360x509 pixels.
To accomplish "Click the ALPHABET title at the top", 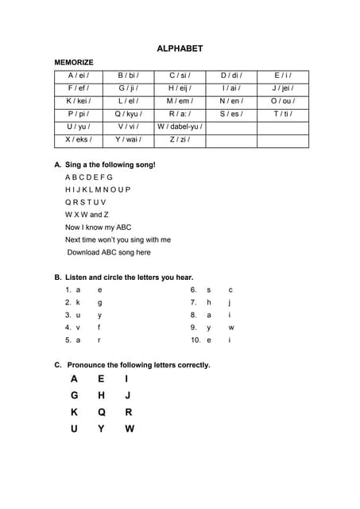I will click(x=180, y=49).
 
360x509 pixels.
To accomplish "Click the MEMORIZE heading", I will click(x=74, y=62).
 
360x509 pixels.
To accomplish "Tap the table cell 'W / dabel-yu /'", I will click(x=180, y=126).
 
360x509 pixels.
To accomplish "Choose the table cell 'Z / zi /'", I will click(x=180, y=139).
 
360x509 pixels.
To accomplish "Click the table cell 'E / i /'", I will click(x=282, y=76).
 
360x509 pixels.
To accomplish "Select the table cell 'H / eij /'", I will click(x=180, y=88).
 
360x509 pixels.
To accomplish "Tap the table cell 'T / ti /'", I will click(x=282, y=114).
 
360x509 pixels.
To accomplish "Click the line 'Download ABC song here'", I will click(x=109, y=252).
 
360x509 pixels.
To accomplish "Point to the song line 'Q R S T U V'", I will click(x=85, y=202).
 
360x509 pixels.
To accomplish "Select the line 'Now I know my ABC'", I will click(x=99, y=227).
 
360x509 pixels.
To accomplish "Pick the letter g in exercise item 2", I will click(x=99, y=302).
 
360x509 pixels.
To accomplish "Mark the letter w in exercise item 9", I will click(x=231, y=327).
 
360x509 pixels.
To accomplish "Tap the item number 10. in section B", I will click(x=195, y=340).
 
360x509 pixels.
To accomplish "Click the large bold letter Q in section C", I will click(x=102, y=412).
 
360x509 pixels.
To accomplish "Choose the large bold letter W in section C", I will click(x=130, y=429).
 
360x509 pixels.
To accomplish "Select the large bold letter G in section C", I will click(x=74, y=395).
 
